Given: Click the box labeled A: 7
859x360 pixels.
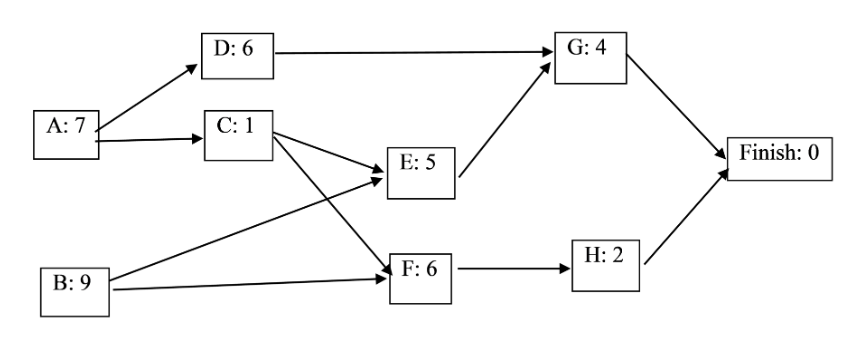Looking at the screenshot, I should click(65, 134).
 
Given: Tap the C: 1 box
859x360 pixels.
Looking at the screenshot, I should click(239, 134).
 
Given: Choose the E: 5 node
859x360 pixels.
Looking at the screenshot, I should click(421, 172).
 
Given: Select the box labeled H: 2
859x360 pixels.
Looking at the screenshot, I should click(607, 264).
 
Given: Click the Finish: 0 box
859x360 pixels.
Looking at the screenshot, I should click(779, 155).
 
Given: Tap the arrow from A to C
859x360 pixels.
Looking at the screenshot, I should click(149, 142).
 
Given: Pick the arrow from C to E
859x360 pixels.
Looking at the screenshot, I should click(329, 154).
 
